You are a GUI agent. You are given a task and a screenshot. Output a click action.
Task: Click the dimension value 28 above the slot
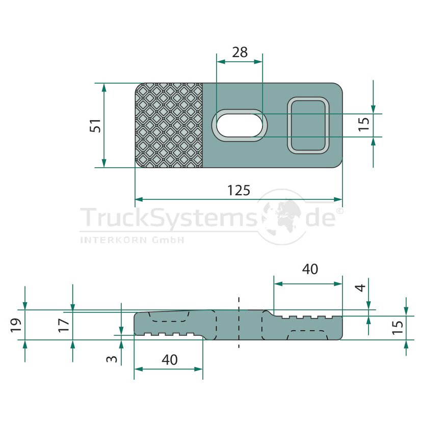(240, 52)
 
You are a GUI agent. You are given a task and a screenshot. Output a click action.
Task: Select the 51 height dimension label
(95, 125)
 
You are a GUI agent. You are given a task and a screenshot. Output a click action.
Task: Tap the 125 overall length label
(239, 191)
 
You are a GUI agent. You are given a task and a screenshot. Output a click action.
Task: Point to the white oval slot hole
(240, 125)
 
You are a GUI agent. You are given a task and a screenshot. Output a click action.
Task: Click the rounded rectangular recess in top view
(308, 125)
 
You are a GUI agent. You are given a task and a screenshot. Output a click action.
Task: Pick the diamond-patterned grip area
(169, 125)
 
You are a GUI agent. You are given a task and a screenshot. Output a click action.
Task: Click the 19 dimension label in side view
(16, 325)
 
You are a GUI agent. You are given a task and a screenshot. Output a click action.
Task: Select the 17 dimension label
(64, 325)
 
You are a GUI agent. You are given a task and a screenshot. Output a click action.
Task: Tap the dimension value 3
(112, 359)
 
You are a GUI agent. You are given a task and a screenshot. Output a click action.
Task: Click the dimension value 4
(361, 288)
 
